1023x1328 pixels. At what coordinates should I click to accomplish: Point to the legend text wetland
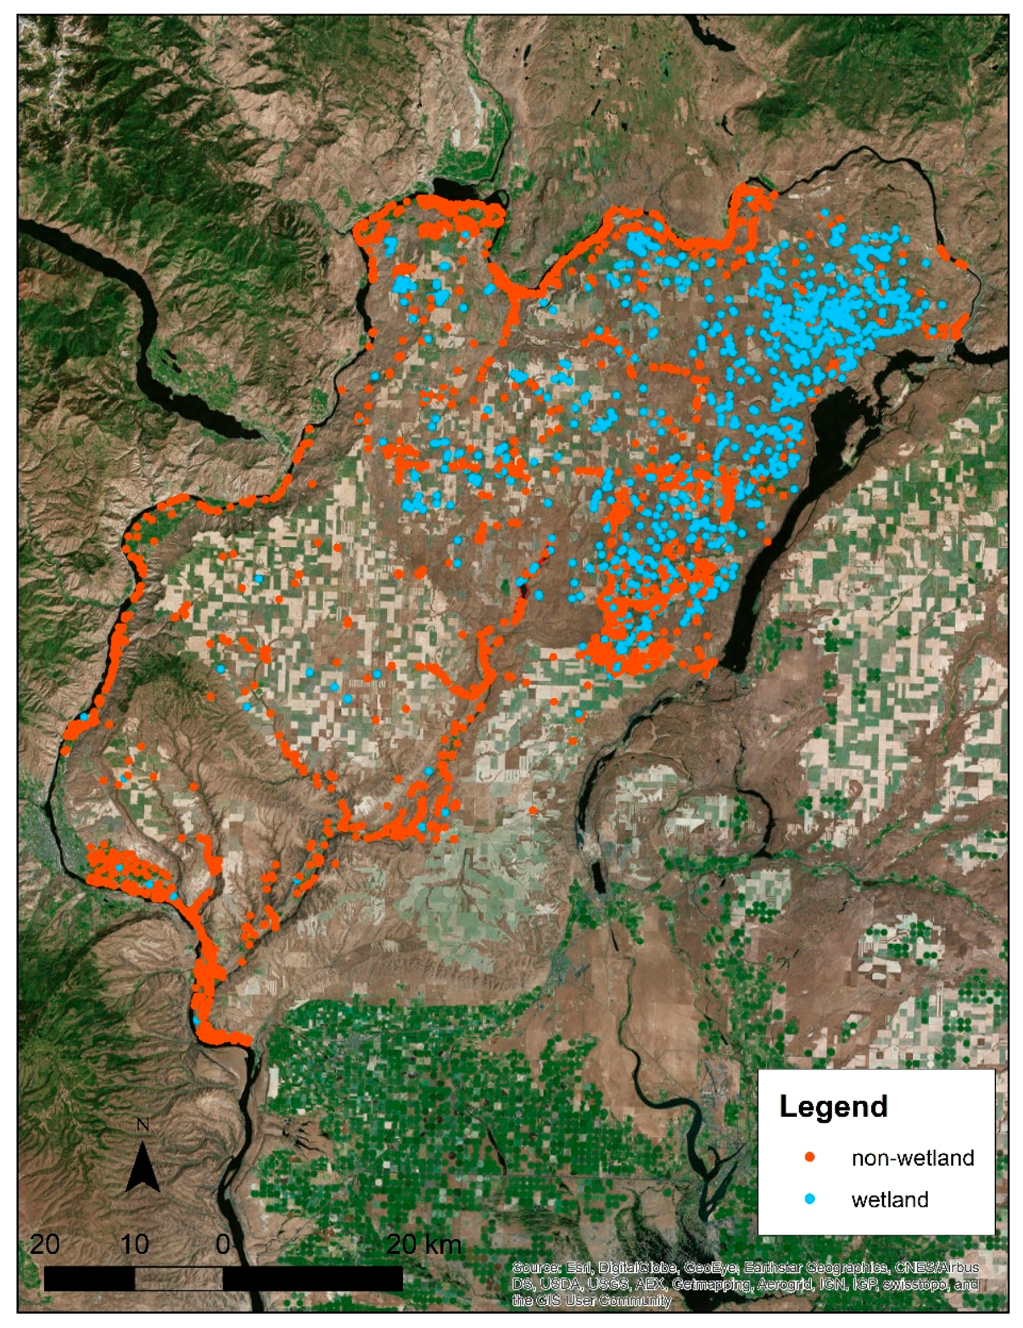point(890,1200)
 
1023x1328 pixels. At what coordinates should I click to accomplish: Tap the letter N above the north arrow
point(143,1125)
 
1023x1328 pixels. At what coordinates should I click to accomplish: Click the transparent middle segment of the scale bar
point(179,1278)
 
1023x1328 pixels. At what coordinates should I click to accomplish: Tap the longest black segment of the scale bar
point(312,1278)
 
